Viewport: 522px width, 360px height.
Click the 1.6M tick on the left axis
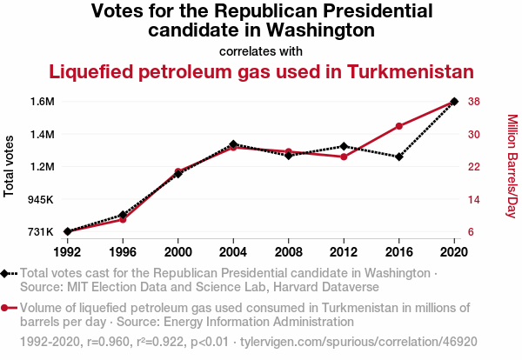click(x=41, y=102)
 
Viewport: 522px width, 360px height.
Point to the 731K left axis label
click(x=40, y=232)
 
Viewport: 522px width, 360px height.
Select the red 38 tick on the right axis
click(x=474, y=102)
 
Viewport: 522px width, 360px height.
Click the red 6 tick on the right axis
click(x=471, y=232)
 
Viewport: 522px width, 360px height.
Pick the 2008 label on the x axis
click(x=289, y=251)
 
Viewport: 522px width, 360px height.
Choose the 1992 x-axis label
click(x=67, y=251)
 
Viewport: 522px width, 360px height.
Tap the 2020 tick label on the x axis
click(x=454, y=251)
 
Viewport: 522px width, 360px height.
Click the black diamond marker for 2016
click(x=399, y=157)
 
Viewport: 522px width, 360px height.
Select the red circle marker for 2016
click(x=399, y=126)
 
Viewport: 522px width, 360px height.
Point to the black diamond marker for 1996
click(x=123, y=215)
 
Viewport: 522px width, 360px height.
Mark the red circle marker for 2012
click(x=344, y=157)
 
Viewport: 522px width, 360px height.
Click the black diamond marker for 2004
click(x=233, y=144)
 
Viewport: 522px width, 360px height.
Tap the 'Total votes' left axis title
click(x=10, y=166)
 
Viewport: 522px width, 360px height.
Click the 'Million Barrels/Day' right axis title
click(x=512, y=166)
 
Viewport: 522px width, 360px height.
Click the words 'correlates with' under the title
click(x=261, y=50)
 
